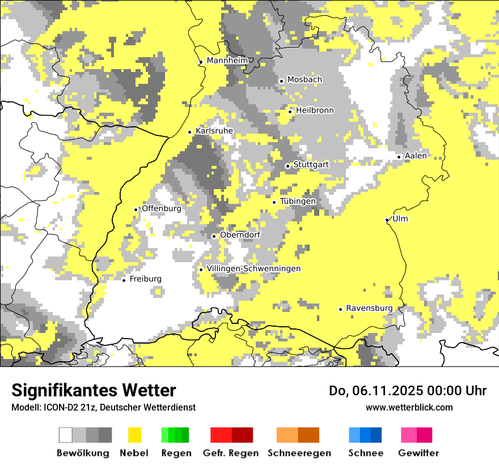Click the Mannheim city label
[227, 61]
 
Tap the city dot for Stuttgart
[287, 166]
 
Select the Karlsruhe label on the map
[214, 131]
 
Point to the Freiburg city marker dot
[124, 280]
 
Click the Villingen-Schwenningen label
[253, 268]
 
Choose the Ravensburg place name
[369, 308]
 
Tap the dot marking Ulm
[387, 220]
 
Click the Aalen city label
[416, 156]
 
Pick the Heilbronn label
[315, 110]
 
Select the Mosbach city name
[305, 80]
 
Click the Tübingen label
[298, 201]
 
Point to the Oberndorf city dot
[214, 236]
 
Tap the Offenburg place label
[162, 208]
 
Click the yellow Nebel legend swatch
[134, 435]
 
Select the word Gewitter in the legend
[418, 453]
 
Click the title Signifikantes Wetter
[94, 390]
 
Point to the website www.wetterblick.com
[409, 407]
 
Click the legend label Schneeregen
[299, 453]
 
